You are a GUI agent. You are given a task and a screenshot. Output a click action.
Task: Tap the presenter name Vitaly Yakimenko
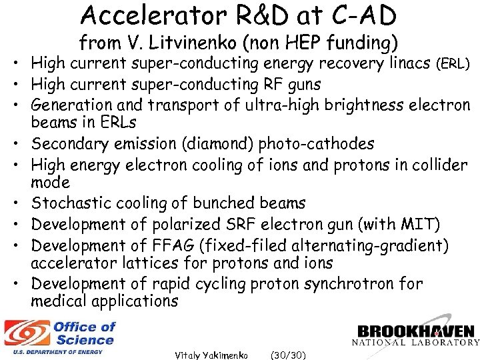[211, 355]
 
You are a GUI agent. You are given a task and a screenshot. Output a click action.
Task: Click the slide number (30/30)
[288, 355]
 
